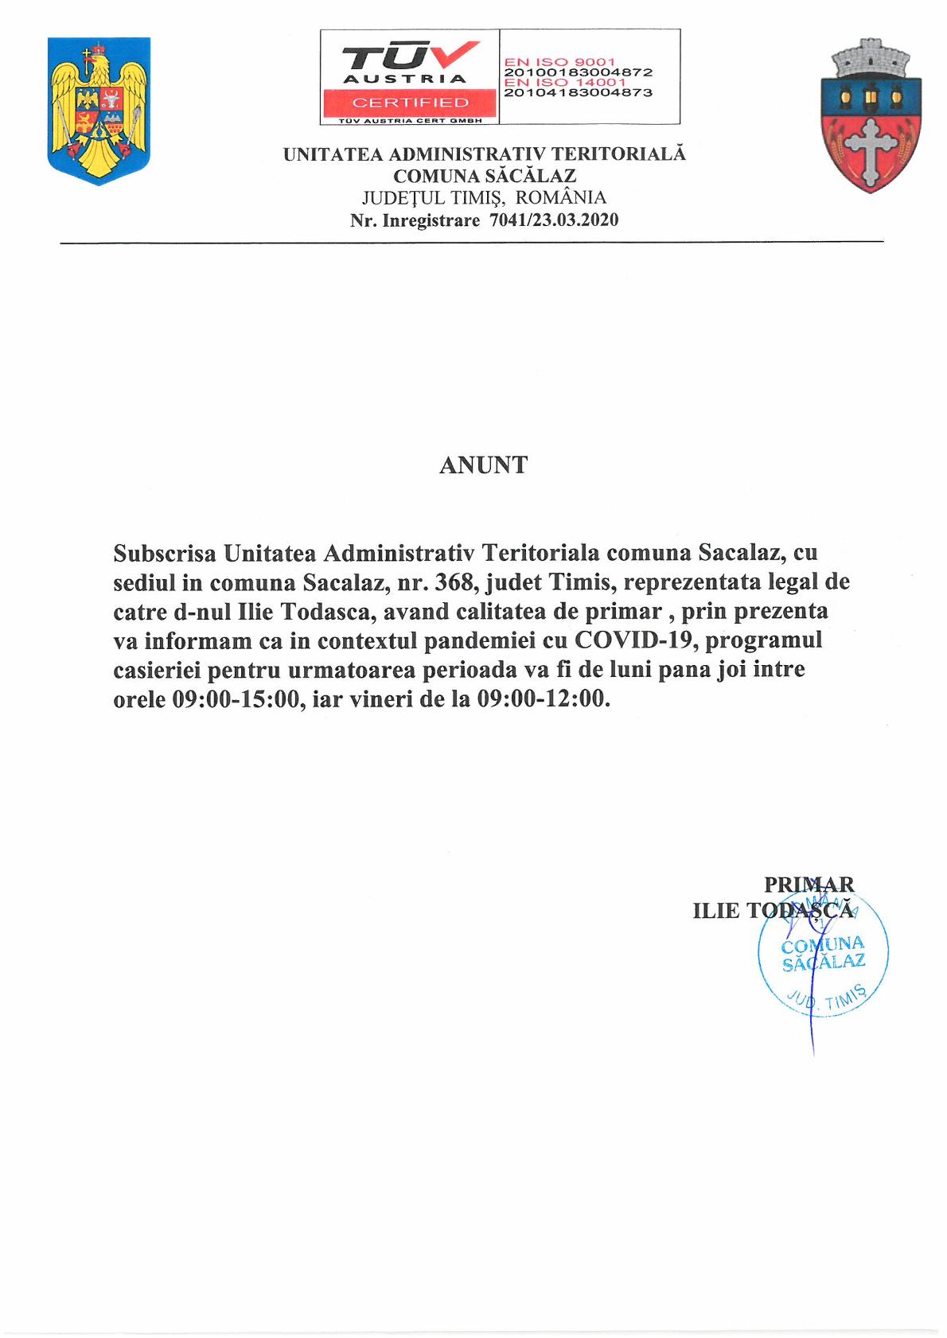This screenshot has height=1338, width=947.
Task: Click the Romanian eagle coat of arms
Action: pyautogui.click(x=99, y=111)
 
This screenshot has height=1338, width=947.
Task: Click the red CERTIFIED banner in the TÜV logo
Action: pyautogui.click(x=410, y=103)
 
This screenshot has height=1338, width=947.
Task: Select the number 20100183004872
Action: pyautogui.click(x=579, y=72)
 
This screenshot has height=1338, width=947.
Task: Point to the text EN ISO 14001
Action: pyautogui.click(x=565, y=82)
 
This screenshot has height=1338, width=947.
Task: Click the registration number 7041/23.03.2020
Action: pyautogui.click(x=554, y=220)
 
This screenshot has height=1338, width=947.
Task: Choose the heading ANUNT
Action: pyautogui.click(x=483, y=465)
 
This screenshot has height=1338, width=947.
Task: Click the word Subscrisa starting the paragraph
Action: pyautogui.click(x=165, y=552)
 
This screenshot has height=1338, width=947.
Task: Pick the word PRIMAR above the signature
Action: pyautogui.click(x=809, y=885)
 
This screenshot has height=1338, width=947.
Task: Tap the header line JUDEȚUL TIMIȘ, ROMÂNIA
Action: pyautogui.click(x=484, y=198)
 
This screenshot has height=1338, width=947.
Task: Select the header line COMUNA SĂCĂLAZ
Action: pyautogui.click(x=484, y=176)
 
